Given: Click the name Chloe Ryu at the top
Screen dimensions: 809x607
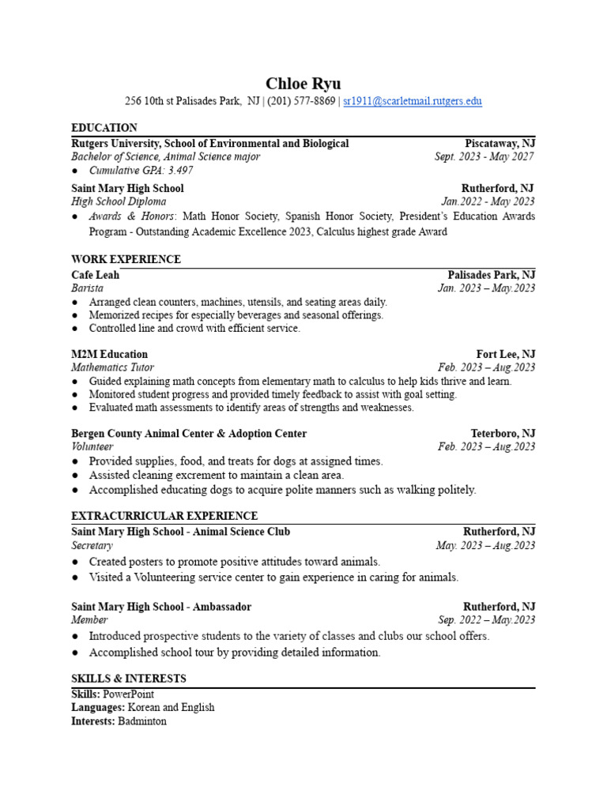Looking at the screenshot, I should [303, 84].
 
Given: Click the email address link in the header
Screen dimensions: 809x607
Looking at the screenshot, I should [412, 101].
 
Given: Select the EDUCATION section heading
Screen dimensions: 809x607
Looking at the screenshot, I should [104, 128].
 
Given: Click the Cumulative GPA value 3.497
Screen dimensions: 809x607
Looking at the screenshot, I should [180, 171].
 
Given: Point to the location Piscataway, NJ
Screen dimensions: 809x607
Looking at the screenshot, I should [500, 144].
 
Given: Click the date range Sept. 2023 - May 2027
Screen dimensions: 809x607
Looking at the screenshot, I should [484, 157].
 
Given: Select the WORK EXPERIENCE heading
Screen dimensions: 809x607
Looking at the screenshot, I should [126, 260].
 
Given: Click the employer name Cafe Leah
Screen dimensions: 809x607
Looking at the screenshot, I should [96, 275].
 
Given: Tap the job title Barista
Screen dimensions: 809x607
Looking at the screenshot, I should [87, 288].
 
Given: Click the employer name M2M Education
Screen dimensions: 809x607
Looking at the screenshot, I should [109, 354].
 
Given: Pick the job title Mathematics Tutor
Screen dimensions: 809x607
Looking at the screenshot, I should [112, 367].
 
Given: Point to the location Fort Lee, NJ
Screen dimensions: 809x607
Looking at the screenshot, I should [506, 354].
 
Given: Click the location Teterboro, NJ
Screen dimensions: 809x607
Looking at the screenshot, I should [503, 434].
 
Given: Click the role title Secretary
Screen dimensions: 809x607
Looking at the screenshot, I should [92, 546].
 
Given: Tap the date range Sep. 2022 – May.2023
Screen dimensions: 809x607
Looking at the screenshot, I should [487, 620].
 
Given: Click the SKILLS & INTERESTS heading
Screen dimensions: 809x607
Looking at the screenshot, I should [129, 679].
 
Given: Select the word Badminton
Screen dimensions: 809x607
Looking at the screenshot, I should [142, 721].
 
